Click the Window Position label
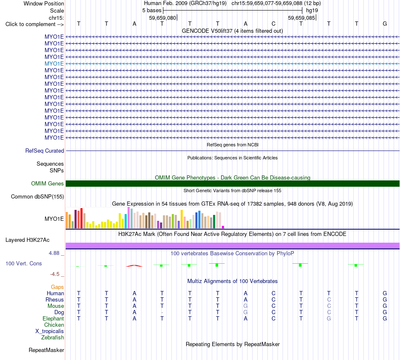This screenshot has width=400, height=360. coord(44,3)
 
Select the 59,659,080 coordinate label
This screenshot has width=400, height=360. coord(163,18)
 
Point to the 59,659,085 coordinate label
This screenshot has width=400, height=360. coord(301,18)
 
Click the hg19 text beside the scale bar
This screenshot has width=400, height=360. coord(312,11)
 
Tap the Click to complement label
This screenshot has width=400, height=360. coord(35,24)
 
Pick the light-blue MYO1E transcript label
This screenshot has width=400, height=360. coord(54,64)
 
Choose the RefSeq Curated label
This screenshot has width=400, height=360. coord(45,151)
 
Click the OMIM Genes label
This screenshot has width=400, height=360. coord(48,183)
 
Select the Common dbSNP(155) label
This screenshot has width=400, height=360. coord(37,197)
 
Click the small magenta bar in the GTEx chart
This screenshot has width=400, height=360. coord(223,227)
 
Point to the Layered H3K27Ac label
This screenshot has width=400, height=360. coord(27,240)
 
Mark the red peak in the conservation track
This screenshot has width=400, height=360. coord(134,266)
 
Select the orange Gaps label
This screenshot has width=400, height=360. coord(57,287)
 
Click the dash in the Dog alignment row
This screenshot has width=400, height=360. coord(162,312)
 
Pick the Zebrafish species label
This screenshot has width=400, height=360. coord(53,338)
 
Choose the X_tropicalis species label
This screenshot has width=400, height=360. coord(50,331)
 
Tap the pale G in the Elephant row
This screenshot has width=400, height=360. coord(329,318)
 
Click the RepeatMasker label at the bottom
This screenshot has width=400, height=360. coord(46,350)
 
